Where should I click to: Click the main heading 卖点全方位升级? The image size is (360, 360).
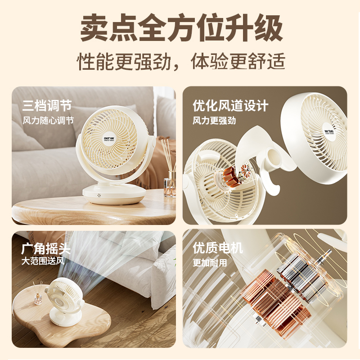click(x=181, y=27)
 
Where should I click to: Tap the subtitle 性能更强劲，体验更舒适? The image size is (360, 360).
click(x=181, y=61)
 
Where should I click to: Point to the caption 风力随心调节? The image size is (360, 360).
click(x=48, y=121)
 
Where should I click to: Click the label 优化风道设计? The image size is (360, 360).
click(x=230, y=106)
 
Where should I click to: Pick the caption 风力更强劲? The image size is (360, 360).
click(x=214, y=121)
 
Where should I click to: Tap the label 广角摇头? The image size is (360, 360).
click(x=46, y=248)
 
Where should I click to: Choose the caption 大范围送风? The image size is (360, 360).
click(x=43, y=261)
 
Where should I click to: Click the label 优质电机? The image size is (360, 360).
click(x=218, y=248)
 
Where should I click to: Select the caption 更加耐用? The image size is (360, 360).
click(x=210, y=263)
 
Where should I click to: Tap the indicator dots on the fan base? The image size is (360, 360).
click(x=99, y=195)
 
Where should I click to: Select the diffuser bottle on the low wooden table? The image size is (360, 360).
click(x=38, y=298)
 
